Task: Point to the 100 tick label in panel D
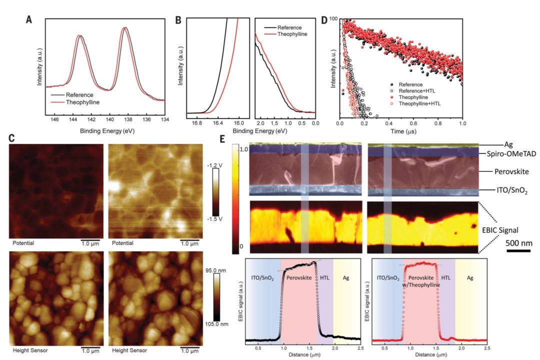(333, 20)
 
